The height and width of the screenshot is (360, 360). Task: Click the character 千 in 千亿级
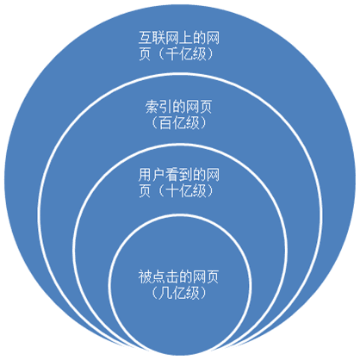[172, 53]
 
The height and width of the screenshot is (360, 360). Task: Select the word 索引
[159, 107]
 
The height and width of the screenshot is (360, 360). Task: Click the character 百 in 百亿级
[165, 122]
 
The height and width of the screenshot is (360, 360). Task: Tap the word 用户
[152, 175]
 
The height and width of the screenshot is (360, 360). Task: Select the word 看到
[179, 175]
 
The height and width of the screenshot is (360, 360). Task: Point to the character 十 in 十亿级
[172, 190]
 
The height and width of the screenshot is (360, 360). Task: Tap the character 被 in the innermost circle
[146, 277]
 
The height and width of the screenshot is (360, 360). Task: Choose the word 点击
[165, 277]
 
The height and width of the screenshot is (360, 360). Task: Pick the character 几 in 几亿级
[165, 293]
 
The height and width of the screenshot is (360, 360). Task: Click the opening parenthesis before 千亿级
[160, 53]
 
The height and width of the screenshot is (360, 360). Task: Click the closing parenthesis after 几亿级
[203, 293]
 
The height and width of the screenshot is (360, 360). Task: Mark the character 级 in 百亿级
[192, 122]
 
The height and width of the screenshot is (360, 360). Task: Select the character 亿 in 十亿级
[186, 190]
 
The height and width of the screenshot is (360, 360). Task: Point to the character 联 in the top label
[158, 38]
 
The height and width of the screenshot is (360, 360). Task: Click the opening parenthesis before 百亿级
[153, 122]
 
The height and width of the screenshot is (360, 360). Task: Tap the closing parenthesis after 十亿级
[210, 190]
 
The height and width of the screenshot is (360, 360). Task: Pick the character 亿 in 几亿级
[179, 293]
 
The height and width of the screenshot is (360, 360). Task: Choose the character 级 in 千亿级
[199, 53]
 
